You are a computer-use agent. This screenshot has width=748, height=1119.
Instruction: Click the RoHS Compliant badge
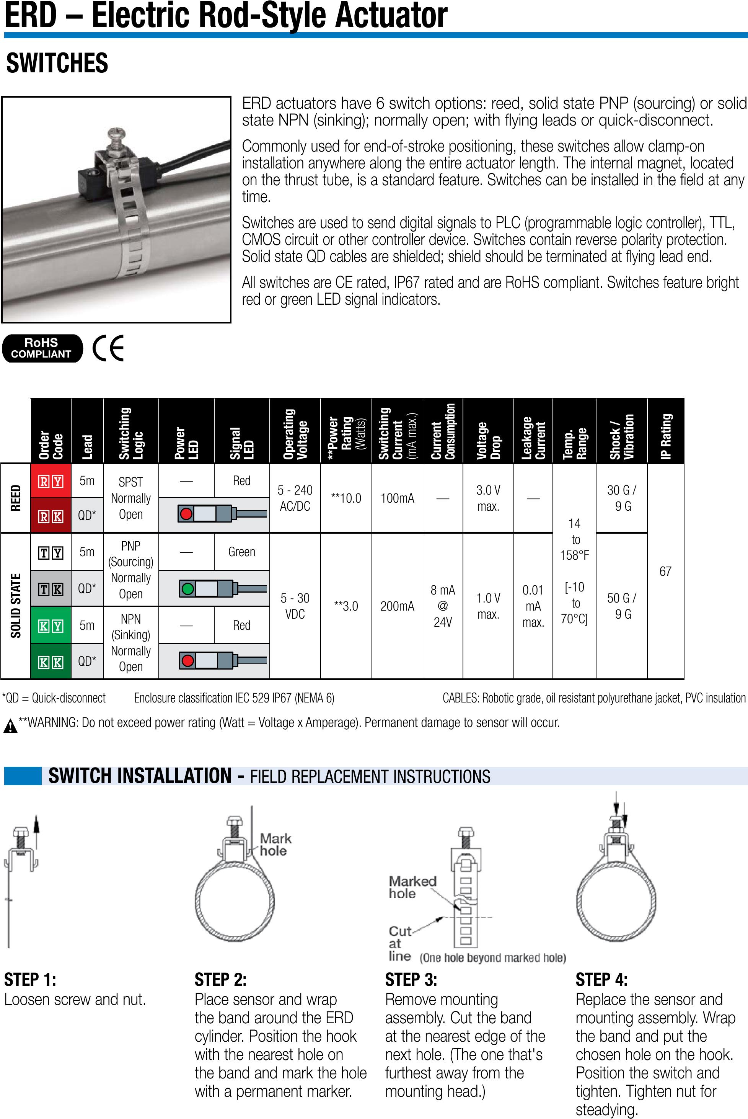41,348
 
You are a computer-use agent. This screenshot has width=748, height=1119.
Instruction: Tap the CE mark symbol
109,348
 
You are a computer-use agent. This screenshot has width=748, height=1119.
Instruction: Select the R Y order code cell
51,481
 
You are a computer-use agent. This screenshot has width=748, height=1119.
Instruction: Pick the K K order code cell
51,662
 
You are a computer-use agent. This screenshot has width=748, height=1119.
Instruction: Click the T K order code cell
51,589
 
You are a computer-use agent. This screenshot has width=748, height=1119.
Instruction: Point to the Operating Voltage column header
295,432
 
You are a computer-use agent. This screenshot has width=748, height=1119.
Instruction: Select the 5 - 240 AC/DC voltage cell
295,498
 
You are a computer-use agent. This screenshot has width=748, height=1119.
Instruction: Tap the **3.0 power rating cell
346,606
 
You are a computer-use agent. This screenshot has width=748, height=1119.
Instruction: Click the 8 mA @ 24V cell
443,606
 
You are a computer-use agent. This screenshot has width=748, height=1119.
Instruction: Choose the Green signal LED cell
241,552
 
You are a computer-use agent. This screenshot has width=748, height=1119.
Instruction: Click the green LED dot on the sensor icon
188,588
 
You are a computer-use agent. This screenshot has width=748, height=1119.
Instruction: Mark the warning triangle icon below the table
10,727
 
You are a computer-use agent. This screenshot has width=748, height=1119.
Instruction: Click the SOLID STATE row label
16,606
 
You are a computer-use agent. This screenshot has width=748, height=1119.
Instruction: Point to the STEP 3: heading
411,980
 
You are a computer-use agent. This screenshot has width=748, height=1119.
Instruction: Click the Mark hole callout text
275,844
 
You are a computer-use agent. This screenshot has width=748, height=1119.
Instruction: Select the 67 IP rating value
665,571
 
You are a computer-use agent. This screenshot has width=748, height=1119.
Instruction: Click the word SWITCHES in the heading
57,64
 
